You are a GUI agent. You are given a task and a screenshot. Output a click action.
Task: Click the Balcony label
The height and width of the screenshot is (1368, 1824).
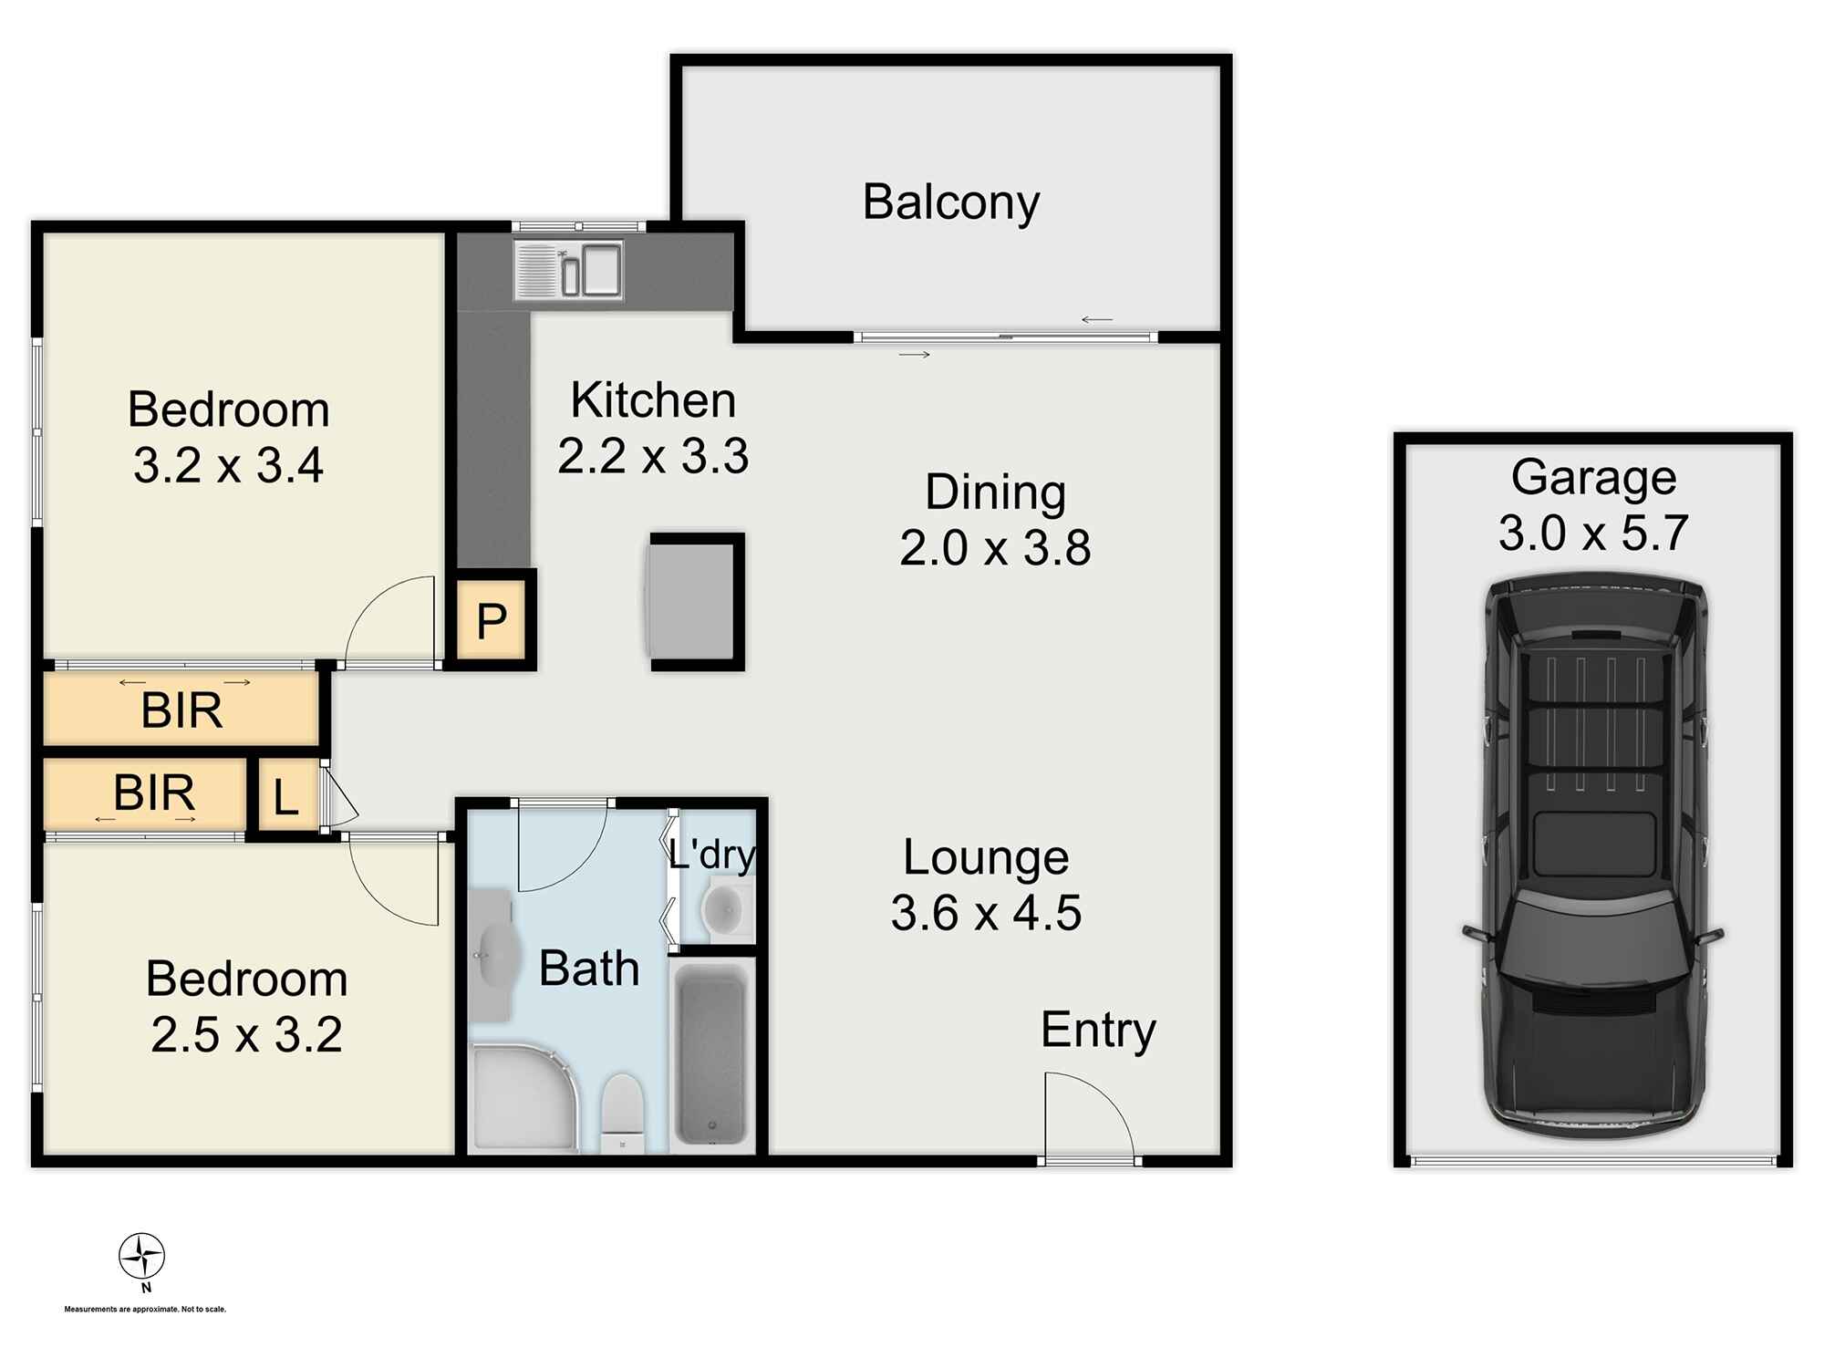pos(950,202)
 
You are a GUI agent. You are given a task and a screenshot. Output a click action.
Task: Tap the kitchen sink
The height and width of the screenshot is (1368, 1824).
pos(568,270)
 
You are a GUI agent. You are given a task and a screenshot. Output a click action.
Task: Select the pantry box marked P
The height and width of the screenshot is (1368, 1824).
pos(491,620)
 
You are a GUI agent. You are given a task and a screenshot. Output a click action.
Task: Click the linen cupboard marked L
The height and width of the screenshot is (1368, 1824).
pos(286,796)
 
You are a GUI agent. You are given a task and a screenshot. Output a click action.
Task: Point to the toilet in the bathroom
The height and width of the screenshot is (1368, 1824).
pos(623,1113)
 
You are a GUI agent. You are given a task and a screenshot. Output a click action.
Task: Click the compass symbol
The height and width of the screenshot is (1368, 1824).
pos(142,1258)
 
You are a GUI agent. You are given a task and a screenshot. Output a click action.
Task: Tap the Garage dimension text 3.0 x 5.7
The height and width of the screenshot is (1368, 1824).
pos(1593,533)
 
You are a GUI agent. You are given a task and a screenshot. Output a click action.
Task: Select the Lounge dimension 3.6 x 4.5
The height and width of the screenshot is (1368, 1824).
pos(986,913)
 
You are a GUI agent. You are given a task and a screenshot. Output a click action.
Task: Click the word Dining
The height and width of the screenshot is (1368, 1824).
pos(995,493)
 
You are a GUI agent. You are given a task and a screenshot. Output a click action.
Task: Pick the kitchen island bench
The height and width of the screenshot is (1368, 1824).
pos(695,602)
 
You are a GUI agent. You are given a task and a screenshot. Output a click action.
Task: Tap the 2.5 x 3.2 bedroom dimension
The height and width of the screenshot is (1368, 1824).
pos(246,1034)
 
